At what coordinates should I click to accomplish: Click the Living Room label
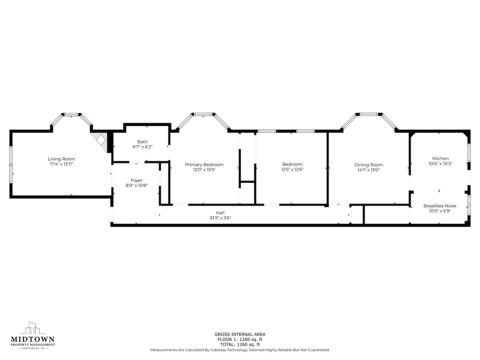[61, 159]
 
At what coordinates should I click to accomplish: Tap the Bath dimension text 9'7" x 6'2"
[142, 147]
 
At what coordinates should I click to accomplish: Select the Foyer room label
[136, 181]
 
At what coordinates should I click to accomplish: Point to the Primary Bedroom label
[204, 165]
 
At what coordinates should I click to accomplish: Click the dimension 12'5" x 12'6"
[292, 169]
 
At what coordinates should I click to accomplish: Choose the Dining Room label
[369, 165]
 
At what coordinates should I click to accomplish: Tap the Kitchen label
[440, 159]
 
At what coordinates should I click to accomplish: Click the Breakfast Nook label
[440, 206]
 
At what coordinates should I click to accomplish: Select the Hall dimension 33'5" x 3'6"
[220, 218]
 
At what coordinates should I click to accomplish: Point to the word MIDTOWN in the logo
[33, 339]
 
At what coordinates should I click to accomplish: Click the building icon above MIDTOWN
[33, 328]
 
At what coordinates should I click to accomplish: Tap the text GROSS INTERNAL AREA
[240, 334]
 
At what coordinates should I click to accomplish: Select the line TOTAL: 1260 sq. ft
[240, 344]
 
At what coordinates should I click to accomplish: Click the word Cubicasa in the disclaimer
[219, 350]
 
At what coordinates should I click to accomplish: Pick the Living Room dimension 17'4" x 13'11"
[61, 164]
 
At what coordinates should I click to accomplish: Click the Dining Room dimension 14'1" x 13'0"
[369, 170]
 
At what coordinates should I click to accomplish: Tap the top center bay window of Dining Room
[369, 114]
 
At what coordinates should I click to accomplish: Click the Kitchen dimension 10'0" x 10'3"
[440, 164]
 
